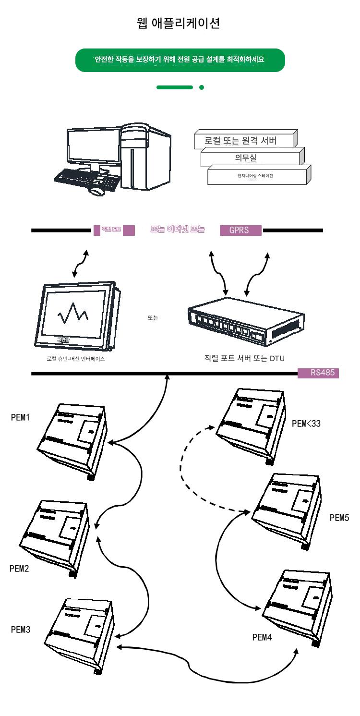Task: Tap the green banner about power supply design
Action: click(x=180, y=60)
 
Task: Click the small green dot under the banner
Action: click(x=201, y=87)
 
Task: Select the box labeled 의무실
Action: click(x=252, y=157)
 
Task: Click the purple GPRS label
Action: click(x=241, y=231)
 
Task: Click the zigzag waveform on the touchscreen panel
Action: click(x=73, y=314)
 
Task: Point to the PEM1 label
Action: click(x=21, y=417)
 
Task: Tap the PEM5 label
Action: click(x=339, y=518)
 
